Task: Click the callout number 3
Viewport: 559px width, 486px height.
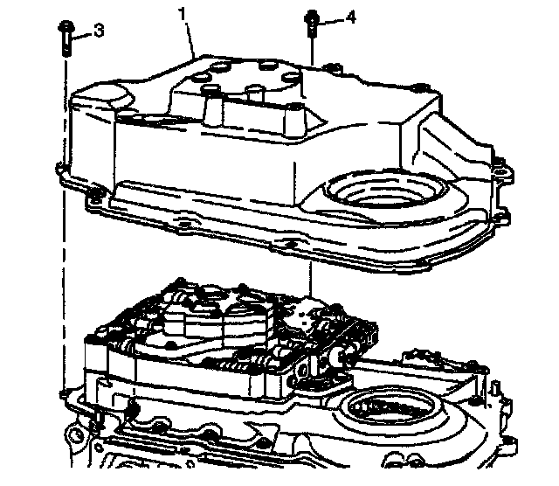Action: [98, 32]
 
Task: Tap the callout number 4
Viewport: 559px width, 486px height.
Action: [349, 16]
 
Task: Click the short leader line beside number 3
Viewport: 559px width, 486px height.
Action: [82, 35]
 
